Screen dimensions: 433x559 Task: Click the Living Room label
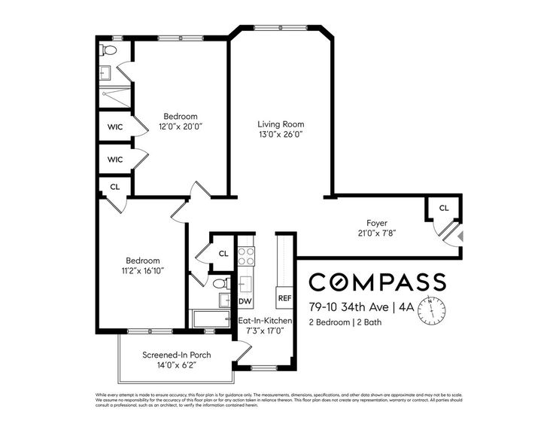281,124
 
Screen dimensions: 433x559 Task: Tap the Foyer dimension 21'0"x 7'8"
376,233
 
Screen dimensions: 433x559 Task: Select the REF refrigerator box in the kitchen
284,298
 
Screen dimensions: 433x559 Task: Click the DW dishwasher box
245,301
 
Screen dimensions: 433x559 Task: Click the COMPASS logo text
378,282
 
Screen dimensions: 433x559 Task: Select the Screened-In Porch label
176,355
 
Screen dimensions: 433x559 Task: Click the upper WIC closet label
115,127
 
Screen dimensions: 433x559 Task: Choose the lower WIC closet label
115,160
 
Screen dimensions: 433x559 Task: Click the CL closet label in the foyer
443,208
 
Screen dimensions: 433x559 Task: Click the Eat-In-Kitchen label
265,321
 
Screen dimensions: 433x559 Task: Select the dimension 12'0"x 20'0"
181,127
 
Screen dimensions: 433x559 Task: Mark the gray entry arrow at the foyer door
460,237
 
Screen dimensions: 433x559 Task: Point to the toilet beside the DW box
219,284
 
